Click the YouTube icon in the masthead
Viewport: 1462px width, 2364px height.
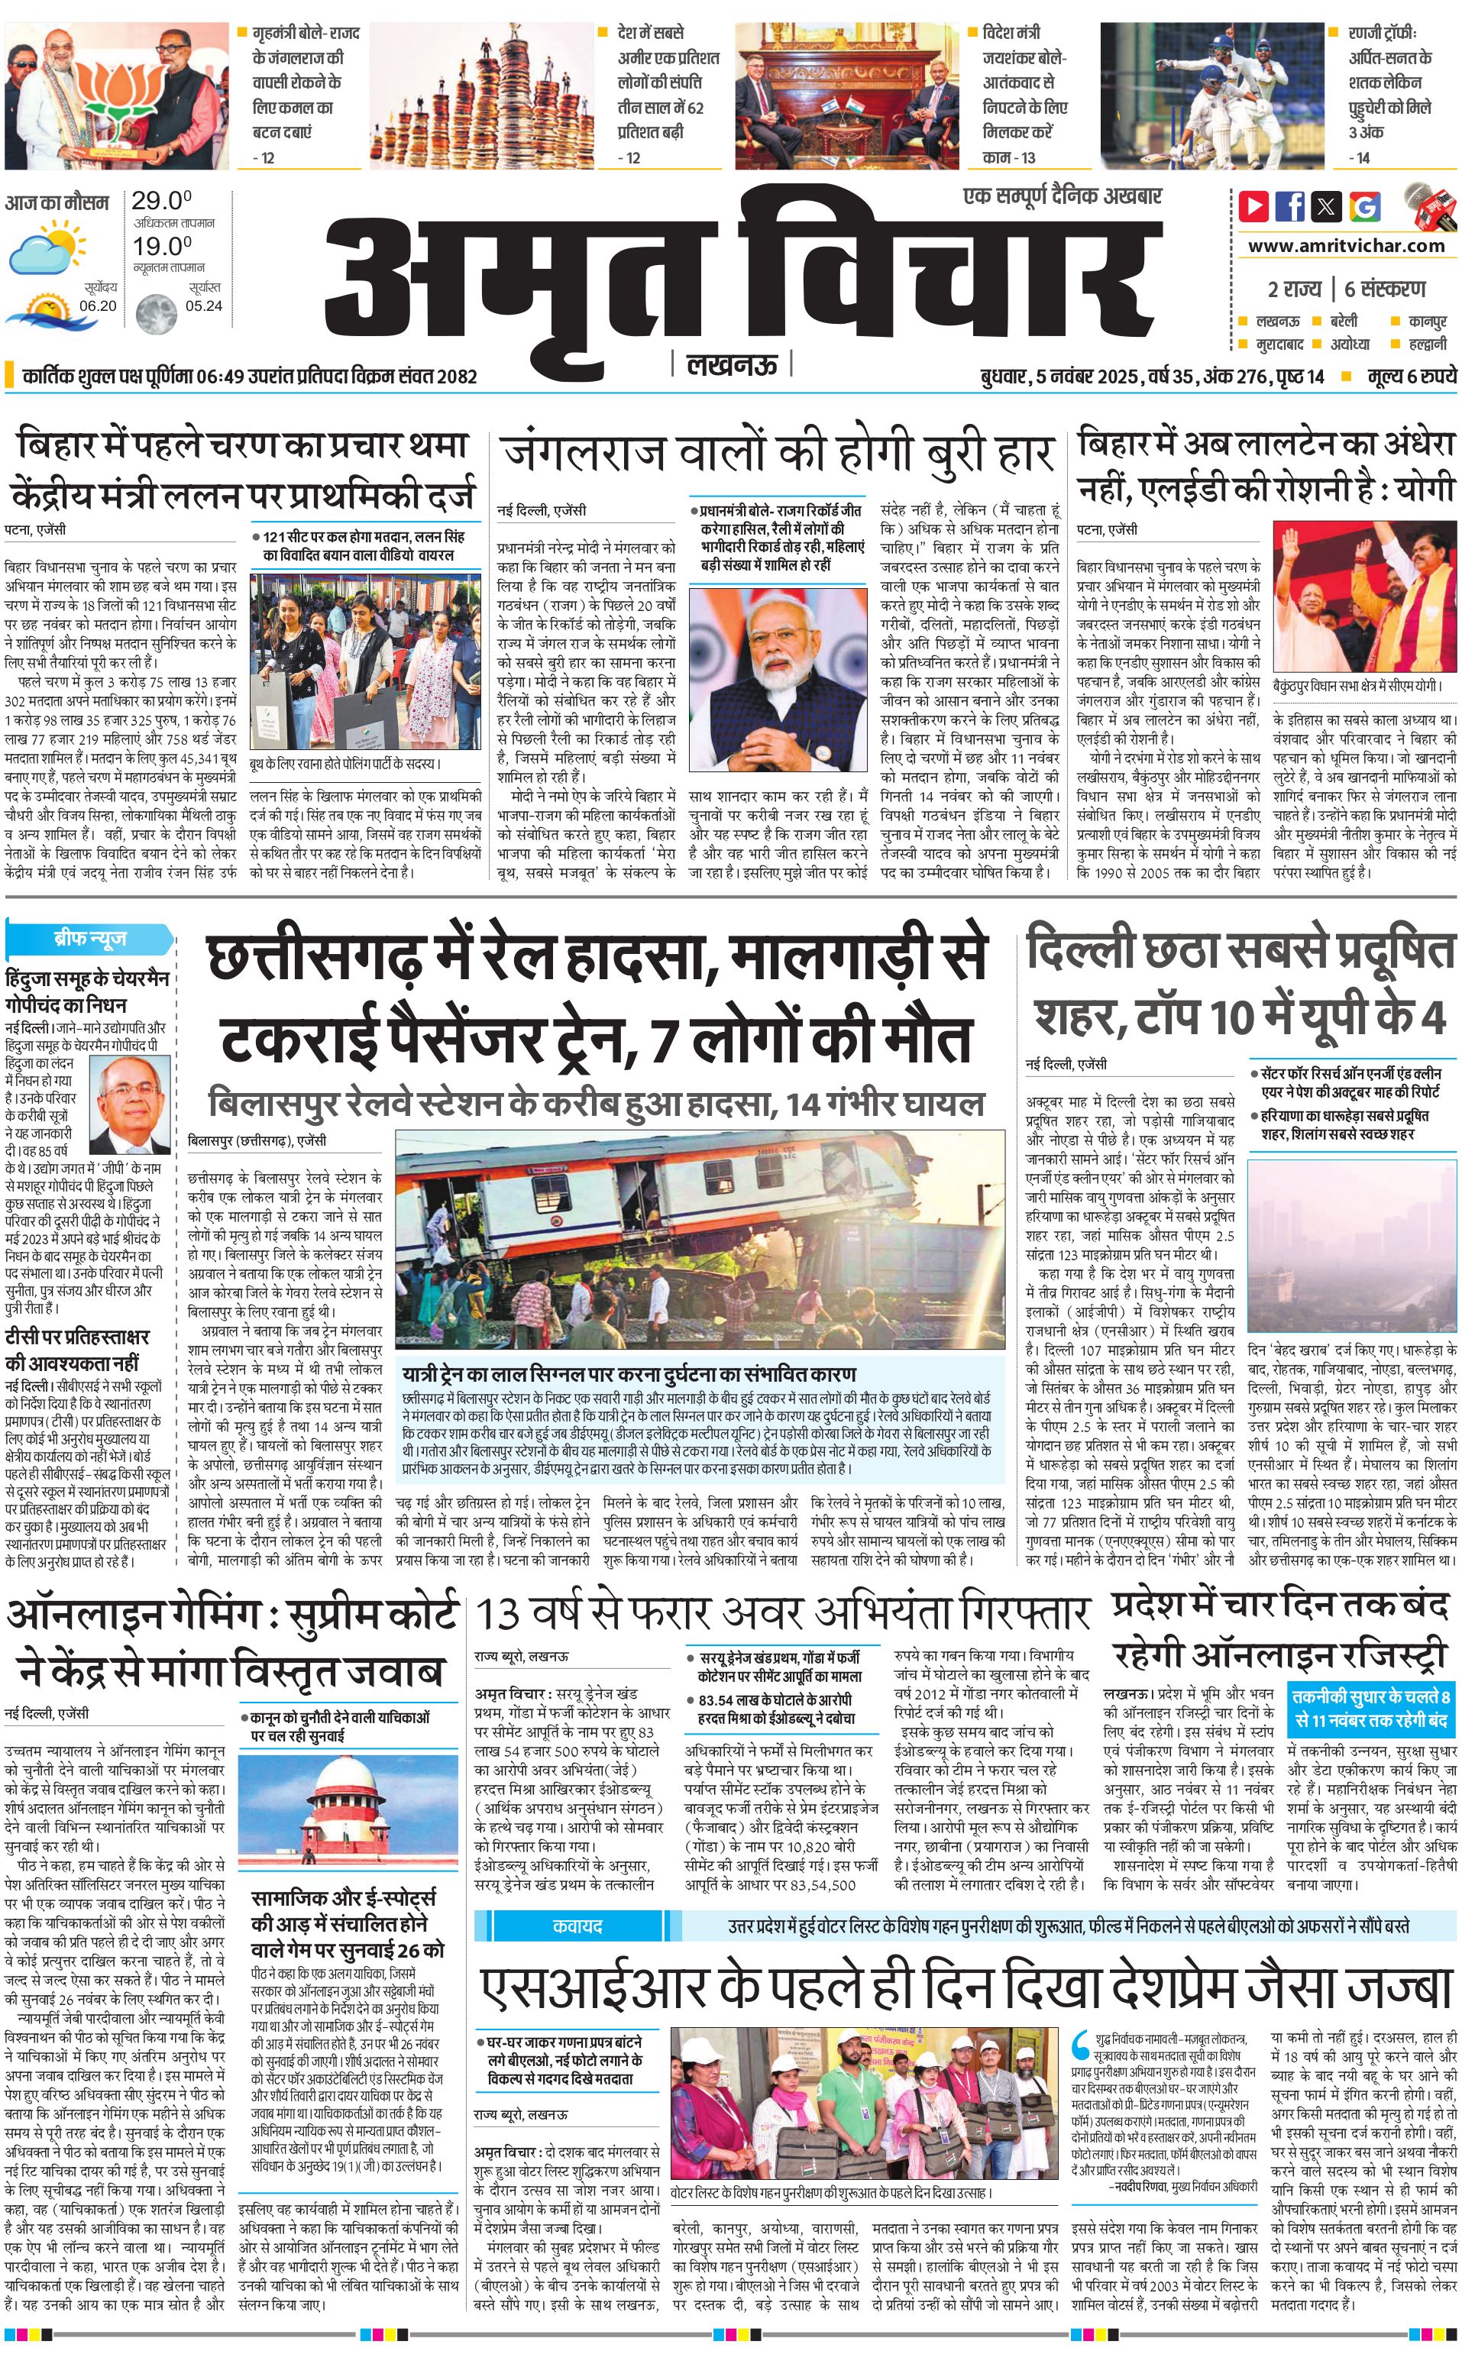tap(1254, 206)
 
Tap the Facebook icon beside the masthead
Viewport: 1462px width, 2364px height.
tap(1290, 206)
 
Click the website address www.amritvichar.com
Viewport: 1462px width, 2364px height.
tap(1346, 246)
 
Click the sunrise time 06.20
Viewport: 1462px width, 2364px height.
tap(98, 306)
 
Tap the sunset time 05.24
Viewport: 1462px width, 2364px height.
tap(203, 306)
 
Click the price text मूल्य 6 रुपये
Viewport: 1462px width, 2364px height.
tap(1411, 376)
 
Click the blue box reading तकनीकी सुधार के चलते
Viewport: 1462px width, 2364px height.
tap(1372, 1707)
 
